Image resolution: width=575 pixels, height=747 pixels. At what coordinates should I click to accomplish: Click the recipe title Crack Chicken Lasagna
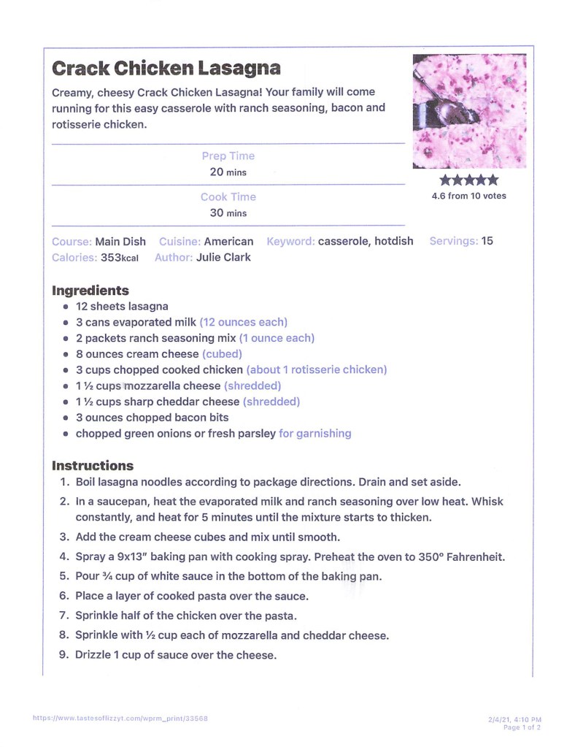click(166, 69)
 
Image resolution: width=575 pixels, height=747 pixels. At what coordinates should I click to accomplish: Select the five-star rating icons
click(468, 180)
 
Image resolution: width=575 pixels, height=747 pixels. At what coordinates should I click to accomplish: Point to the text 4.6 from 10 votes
click(468, 196)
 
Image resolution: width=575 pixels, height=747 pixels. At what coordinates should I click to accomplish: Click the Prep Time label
click(228, 156)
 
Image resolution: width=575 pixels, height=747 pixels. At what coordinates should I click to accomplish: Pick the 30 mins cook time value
click(228, 213)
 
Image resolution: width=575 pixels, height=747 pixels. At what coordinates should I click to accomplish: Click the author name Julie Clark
click(223, 257)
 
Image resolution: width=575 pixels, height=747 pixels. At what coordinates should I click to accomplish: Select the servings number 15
click(487, 241)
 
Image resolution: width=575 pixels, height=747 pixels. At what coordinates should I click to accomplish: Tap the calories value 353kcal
click(119, 257)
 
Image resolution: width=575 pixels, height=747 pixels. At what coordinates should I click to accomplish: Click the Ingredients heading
click(90, 290)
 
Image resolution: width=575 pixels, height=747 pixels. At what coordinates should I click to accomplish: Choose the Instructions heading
click(93, 465)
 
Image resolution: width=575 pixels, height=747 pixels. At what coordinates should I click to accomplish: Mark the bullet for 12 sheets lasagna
click(66, 307)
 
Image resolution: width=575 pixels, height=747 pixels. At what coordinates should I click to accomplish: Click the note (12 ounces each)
click(244, 322)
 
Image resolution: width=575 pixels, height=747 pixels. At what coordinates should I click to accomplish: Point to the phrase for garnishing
click(314, 433)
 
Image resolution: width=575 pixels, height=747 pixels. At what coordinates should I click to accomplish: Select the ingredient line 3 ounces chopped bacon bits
click(152, 418)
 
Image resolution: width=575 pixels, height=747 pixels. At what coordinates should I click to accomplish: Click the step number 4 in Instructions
click(64, 556)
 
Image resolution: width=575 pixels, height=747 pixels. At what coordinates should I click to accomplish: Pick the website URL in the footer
click(120, 718)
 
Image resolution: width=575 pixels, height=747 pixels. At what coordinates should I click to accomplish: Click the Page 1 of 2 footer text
click(522, 727)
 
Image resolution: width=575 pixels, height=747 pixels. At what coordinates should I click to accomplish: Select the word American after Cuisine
click(228, 241)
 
